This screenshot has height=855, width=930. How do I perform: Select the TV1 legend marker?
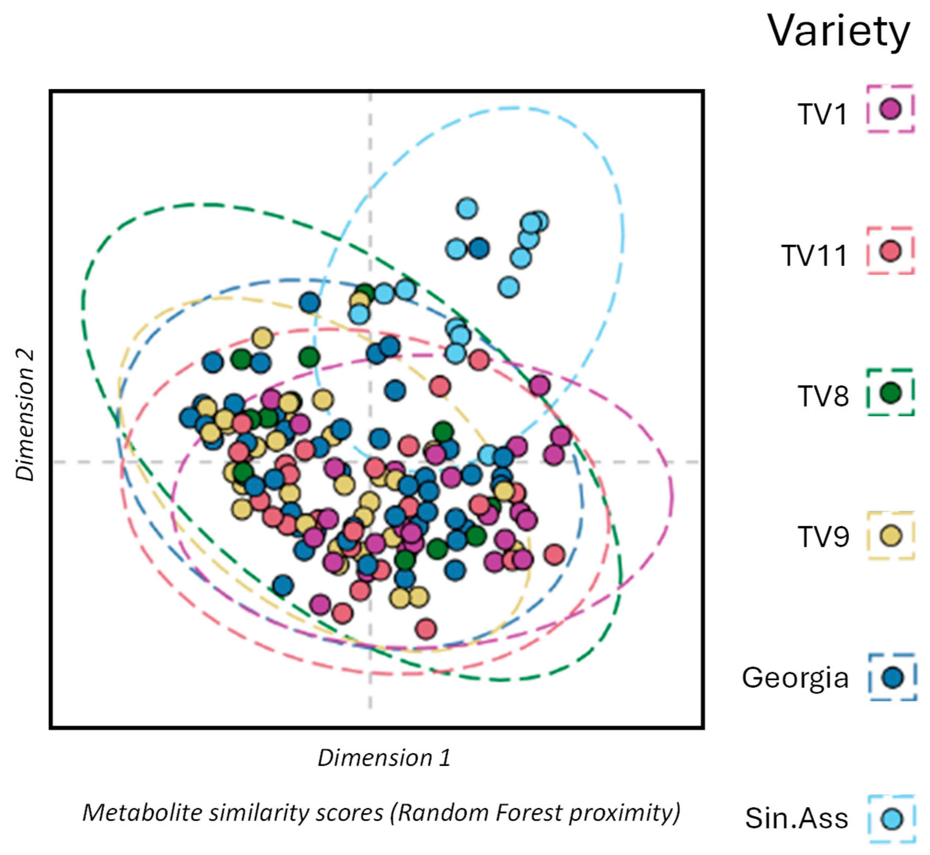click(890, 109)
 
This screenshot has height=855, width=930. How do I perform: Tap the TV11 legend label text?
click(814, 255)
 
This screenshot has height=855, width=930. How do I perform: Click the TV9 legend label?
click(823, 537)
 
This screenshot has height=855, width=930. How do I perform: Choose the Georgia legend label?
click(795, 678)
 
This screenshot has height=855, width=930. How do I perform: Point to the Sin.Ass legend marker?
click(891, 819)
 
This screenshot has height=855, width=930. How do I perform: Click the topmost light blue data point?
click(467, 209)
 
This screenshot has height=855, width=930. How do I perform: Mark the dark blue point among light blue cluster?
click(479, 249)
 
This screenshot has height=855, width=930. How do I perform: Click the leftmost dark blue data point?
click(189, 417)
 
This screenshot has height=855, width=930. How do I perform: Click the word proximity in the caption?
click(624, 813)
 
